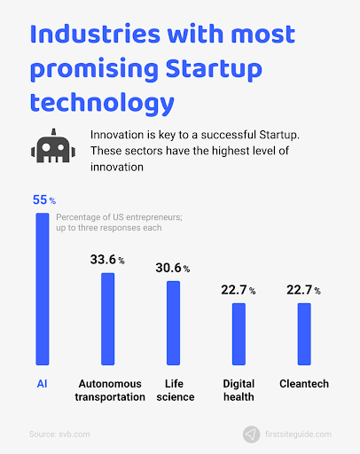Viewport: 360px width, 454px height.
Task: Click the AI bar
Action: pyautogui.click(x=43, y=289)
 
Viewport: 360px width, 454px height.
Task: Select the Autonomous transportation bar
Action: pyautogui.click(x=108, y=319)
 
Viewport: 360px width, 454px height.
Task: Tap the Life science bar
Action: pyautogui.click(x=173, y=323)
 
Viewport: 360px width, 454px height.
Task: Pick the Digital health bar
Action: pyautogui.click(x=239, y=334)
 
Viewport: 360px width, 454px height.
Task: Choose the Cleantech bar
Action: pyautogui.click(x=304, y=334)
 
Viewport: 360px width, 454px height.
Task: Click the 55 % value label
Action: pyautogui.click(x=44, y=200)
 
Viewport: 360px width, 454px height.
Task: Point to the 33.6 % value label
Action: pyautogui.click(x=107, y=260)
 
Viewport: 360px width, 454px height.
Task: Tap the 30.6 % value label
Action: pyautogui.click(x=173, y=268)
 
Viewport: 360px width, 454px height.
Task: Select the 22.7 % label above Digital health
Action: pyautogui.click(x=239, y=290)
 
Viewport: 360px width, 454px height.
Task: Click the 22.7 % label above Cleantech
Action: pyautogui.click(x=303, y=290)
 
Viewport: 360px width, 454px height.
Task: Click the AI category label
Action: pyautogui.click(x=42, y=384)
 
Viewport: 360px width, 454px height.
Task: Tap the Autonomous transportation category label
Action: pyautogui.click(x=110, y=390)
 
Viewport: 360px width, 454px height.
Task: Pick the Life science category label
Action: pyautogui.click(x=176, y=390)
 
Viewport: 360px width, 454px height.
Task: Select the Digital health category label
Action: pyautogui.click(x=239, y=390)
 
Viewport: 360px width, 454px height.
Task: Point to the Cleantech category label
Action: pyautogui.click(x=304, y=384)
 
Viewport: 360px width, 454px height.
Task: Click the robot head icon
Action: pyautogui.click(x=53, y=145)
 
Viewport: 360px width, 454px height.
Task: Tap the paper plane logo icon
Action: pyautogui.click(x=251, y=434)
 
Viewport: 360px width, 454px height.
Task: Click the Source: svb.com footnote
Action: pyautogui.click(x=59, y=434)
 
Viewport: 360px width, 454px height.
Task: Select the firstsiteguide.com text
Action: pyautogui.click(x=298, y=434)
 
